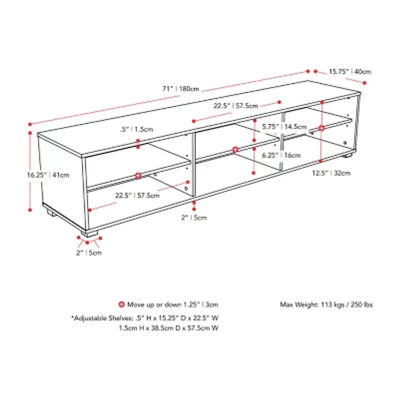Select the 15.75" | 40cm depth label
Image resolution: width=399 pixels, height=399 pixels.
350,71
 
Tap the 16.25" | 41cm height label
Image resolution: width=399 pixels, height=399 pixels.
48,175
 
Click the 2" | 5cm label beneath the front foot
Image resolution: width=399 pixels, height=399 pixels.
89,253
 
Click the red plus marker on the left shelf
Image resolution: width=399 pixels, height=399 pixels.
138,175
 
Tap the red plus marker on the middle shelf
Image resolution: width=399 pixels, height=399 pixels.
235,149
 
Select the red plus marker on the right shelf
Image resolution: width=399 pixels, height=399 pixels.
322,128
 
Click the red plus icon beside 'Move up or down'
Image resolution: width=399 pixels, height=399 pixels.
121,304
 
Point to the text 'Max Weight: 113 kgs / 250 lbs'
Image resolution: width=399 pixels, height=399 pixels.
326,304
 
